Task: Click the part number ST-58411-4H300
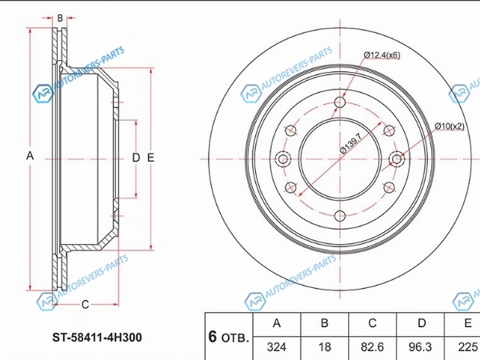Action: (x=97, y=338)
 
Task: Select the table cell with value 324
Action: (x=277, y=347)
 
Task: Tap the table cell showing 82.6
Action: (x=372, y=347)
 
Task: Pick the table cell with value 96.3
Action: (x=420, y=347)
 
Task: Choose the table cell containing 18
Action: (x=325, y=347)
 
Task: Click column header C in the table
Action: (x=372, y=323)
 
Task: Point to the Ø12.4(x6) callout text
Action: (x=382, y=55)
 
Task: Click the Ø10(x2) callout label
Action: (x=450, y=126)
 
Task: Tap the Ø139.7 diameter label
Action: (x=351, y=143)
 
